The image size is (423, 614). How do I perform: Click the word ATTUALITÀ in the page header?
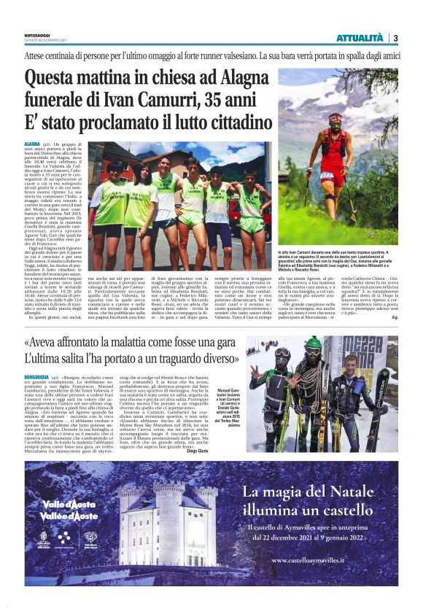[360, 37]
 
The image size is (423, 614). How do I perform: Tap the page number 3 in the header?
[395, 37]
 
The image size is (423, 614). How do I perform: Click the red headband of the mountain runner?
[335, 117]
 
